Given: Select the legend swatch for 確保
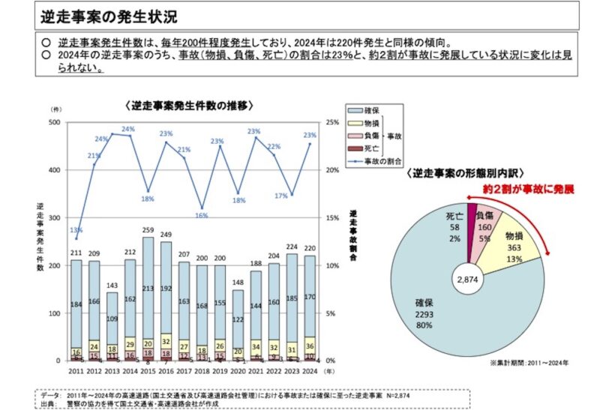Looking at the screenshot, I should [353, 111].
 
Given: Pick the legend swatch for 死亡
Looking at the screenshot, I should [353, 148].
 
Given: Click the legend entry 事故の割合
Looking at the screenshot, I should [383, 160].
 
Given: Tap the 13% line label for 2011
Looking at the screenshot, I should [76, 230].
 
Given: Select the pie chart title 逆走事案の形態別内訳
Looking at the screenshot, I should [476, 174].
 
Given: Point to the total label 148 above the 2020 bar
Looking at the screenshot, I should [239, 283].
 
